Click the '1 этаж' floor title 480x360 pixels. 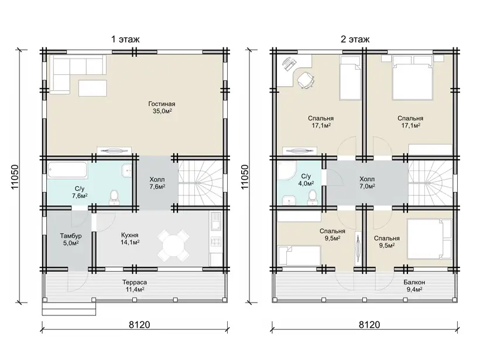[x=125, y=39]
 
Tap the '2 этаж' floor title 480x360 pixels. [x=355, y=39]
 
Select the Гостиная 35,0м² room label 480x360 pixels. [x=162, y=108]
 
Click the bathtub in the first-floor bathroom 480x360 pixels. [x=67, y=170]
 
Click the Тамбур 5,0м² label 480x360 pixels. [x=71, y=239]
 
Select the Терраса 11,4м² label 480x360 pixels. [x=135, y=286]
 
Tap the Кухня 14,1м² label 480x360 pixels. [x=130, y=239]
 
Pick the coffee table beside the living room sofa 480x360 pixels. [x=92, y=88]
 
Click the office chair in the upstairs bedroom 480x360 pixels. [x=306, y=80]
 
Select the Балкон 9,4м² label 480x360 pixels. [x=414, y=286]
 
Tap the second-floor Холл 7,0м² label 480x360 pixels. [x=367, y=183]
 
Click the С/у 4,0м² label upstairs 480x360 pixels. [x=306, y=180]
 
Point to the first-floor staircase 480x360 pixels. [x=200, y=183]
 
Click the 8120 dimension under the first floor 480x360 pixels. [x=139, y=324]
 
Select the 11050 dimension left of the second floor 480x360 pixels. [x=245, y=177]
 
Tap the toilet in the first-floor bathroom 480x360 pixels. [x=114, y=197]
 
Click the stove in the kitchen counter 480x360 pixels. [x=215, y=242]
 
